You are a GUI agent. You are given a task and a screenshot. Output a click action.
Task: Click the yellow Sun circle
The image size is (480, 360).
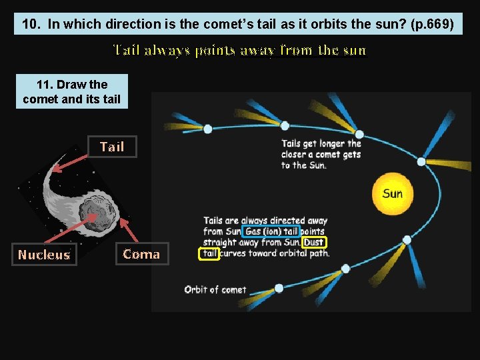[392, 193]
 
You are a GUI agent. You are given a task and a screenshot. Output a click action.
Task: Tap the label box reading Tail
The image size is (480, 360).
[112, 147]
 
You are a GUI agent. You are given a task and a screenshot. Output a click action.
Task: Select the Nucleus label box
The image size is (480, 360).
[44, 255]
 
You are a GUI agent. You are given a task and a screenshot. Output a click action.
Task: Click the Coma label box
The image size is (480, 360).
[141, 254]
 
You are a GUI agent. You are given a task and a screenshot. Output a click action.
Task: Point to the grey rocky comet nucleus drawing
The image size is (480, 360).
[97, 213]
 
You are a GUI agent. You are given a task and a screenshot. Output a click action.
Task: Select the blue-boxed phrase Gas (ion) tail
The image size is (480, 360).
[271, 232]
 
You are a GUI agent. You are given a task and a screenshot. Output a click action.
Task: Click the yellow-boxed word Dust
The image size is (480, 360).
[314, 243]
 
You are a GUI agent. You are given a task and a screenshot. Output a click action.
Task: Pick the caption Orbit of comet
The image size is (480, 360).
[215, 289]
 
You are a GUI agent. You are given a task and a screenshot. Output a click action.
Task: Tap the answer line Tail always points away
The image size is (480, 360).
[240, 51]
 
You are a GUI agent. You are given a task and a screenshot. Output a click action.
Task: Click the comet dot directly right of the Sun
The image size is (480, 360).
[421, 161]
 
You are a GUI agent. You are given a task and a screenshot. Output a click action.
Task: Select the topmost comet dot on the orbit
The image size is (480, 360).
[285, 125]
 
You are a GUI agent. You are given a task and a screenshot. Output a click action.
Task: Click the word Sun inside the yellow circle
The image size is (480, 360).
[392, 194]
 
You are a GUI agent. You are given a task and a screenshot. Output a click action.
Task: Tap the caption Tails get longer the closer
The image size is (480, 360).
[321, 154]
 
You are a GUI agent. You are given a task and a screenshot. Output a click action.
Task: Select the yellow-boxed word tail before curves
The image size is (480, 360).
[209, 253]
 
